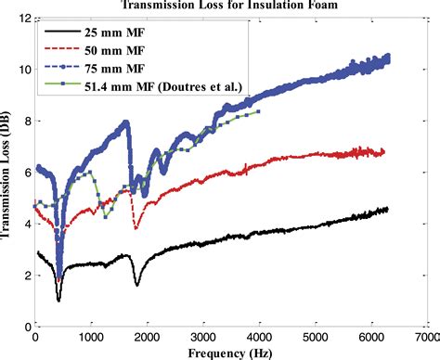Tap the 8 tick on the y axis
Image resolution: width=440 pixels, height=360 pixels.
coord(25,121)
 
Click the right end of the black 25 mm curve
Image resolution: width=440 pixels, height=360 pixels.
coord(387,210)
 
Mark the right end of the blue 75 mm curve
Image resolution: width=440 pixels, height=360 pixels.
coord(389,58)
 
